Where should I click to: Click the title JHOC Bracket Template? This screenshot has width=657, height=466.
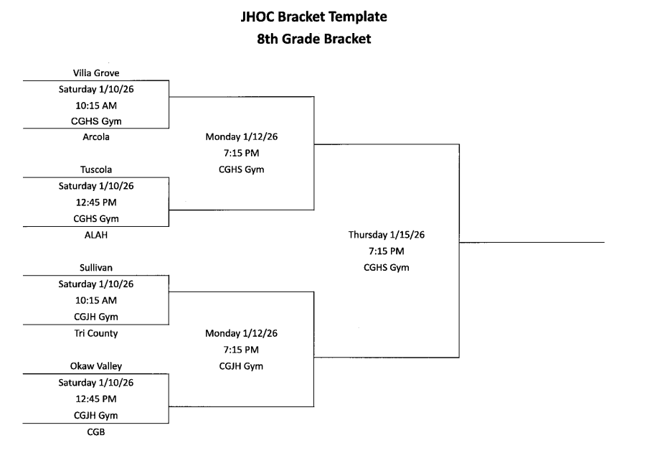(314, 16)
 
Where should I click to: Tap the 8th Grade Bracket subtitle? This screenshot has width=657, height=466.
(314, 39)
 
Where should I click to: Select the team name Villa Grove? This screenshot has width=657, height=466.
(96, 73)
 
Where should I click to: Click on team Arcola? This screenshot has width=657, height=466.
(96, 137)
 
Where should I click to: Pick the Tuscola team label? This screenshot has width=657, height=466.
(96, 170)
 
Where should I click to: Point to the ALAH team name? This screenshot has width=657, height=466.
(96, 235)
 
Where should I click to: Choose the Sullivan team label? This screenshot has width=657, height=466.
(96, 268)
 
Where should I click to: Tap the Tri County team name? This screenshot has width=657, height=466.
(96, 333)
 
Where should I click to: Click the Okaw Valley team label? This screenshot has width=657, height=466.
(96, 366)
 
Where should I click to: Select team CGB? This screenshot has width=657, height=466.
(96, 432)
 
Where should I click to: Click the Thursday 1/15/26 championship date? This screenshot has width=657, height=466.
(387, 235)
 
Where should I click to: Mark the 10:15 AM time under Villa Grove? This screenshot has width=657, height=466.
(96, 105)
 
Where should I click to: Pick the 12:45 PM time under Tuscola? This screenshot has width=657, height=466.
(96, 202)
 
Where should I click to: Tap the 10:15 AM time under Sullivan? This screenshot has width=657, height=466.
(96, 300)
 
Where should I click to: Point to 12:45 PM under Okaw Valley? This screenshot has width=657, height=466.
(96, 399)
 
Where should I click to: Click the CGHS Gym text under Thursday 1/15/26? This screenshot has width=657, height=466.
(387, 268)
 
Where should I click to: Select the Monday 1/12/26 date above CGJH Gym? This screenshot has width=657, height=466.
(241, 333)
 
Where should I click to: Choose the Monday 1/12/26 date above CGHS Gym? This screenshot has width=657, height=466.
(241, 136)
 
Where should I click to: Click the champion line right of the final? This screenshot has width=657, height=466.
(531, 243)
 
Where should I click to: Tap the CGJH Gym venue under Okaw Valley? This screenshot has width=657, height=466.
(96, 415)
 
